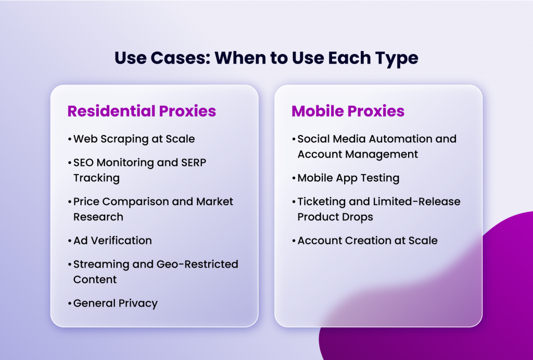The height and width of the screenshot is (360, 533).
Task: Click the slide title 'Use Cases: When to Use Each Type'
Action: tap(266, 58)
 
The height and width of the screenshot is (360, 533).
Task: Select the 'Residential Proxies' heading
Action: tap(142, 111)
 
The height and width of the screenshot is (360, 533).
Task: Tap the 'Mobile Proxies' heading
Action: tap(348, 111)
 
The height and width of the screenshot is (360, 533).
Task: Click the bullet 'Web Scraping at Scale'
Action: tap(134, 139)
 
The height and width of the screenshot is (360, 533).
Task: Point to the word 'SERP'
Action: tap(194, 163)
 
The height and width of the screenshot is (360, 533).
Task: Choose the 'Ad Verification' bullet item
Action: tap(112, 241)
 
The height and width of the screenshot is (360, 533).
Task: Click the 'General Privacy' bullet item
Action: tap(115, 303)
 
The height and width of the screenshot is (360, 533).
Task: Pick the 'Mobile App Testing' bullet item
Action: tap(348, 178)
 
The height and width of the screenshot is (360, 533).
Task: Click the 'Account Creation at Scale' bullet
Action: tap(367, 241)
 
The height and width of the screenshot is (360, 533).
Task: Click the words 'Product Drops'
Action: tap(335, 217)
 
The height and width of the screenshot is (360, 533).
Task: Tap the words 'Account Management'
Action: tap(358, 154)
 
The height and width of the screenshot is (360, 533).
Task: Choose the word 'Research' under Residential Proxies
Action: tap(98, 217)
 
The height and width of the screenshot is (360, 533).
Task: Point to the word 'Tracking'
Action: tap(96, 178)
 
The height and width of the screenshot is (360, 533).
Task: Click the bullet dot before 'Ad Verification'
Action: tap(69, 241)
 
